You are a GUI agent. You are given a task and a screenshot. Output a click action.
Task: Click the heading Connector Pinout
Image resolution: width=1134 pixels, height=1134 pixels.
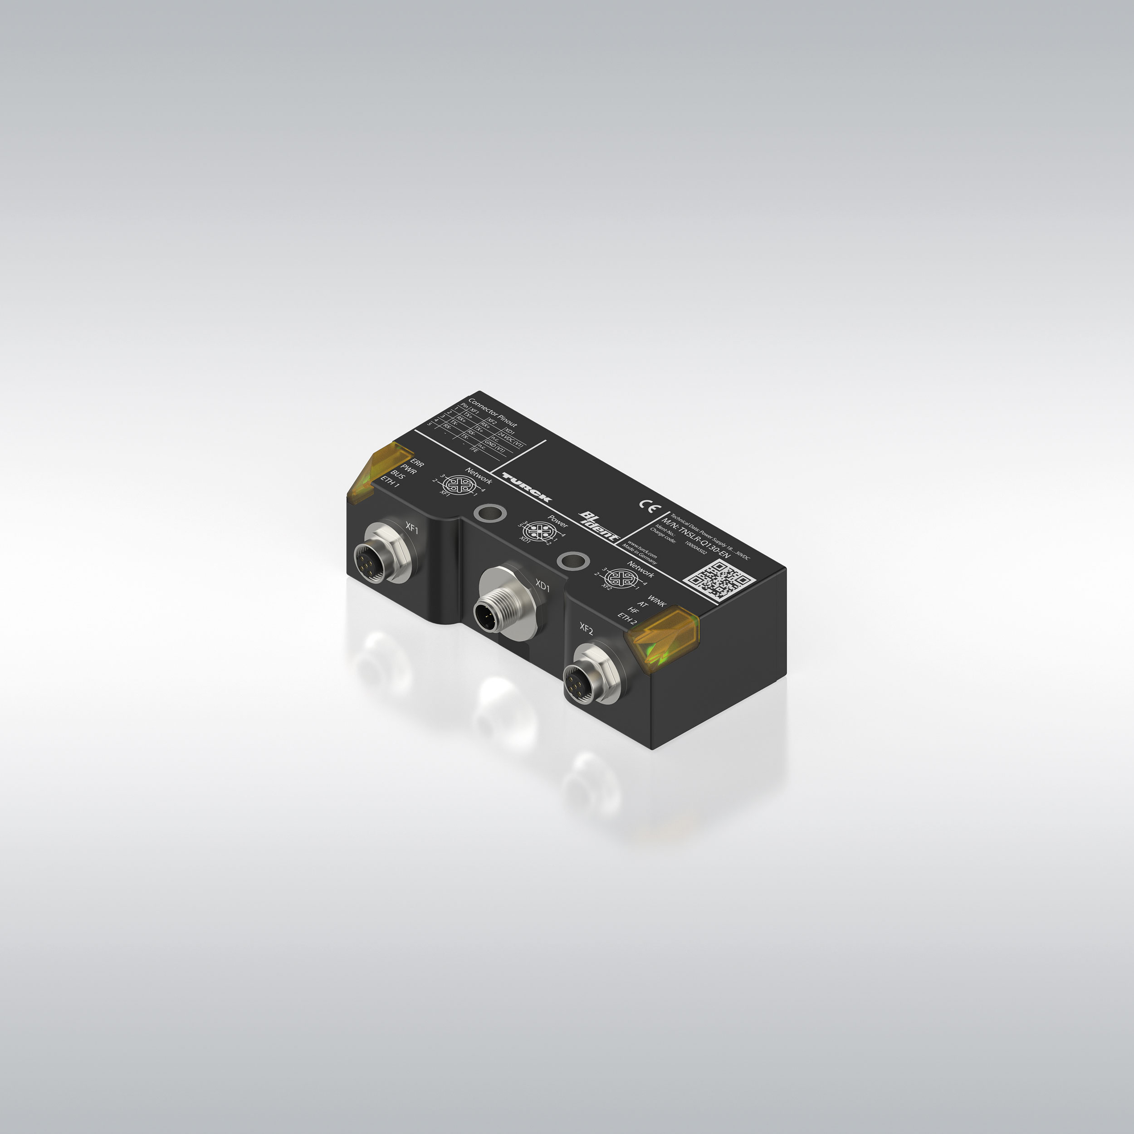493,414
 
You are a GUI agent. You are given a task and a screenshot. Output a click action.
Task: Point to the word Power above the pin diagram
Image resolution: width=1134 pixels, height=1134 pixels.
557,520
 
